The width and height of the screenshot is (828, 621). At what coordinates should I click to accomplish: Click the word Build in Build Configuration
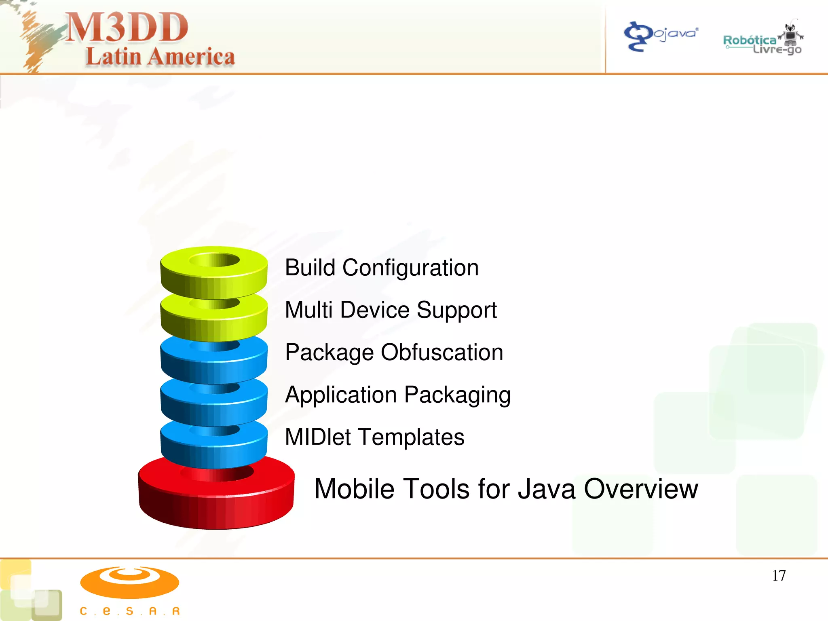click(310, 268)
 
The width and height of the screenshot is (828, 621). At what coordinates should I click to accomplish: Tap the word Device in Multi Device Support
click(375, 310)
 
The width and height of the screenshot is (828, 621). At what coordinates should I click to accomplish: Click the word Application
click(341, 395)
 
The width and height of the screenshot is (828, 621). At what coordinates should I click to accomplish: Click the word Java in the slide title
click(546, 489)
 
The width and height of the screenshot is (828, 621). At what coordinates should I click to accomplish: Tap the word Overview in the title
click(641, 489)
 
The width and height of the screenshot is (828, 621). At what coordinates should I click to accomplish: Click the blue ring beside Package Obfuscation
click(214, 364)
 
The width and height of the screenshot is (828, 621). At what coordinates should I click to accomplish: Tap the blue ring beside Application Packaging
click(214, 406)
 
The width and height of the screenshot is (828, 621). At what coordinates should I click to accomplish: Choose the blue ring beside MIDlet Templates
click(214, 449)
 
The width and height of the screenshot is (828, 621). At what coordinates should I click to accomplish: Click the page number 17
click(779, 576)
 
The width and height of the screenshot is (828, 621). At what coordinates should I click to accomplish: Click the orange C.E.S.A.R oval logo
click(129, 582)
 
